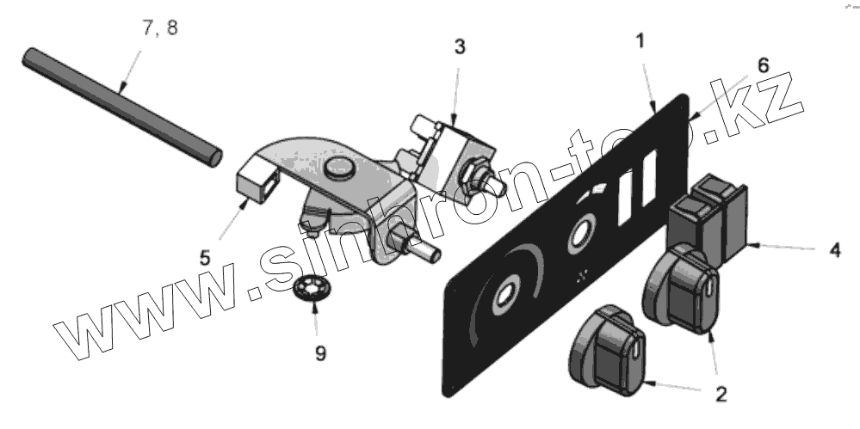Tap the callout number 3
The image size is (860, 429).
pos(461,47)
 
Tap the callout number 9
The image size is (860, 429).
pos(319,353)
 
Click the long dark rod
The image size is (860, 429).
pos(121,107)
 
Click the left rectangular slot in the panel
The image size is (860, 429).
pos(626,193)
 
